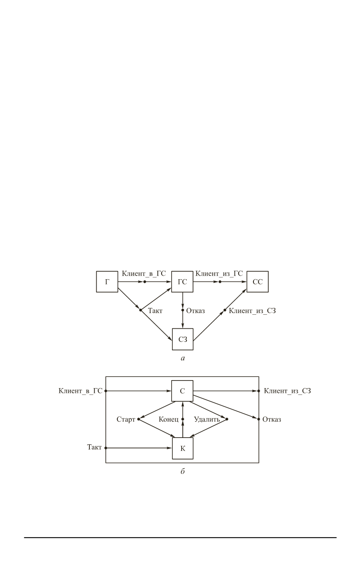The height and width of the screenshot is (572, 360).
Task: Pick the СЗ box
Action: point(182,339)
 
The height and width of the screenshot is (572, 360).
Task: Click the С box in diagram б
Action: point(182,391)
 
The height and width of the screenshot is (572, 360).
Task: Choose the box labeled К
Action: point(182,448)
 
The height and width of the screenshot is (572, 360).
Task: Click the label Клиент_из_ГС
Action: point(219,274)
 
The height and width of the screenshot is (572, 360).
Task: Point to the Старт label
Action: point(126,420)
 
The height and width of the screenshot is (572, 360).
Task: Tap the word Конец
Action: point(168,420)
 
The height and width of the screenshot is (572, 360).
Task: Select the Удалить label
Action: point(207,420)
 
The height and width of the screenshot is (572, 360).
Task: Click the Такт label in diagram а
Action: point(155,311)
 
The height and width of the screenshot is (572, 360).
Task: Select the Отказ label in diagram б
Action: point(272,420)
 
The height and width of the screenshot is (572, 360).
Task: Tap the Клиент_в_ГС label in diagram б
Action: point(81,391)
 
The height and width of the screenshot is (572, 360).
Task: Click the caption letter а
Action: point(182,358)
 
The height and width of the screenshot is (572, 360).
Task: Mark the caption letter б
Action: point(182,472)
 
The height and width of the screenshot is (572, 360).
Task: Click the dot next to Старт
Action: point(138,419)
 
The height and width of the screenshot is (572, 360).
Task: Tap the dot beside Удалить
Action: point(227,419)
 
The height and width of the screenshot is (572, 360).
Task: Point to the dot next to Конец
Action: point(182,419)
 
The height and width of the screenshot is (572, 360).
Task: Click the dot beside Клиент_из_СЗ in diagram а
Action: point(225,310)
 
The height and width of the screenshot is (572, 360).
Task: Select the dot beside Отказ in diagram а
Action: point(182,310)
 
